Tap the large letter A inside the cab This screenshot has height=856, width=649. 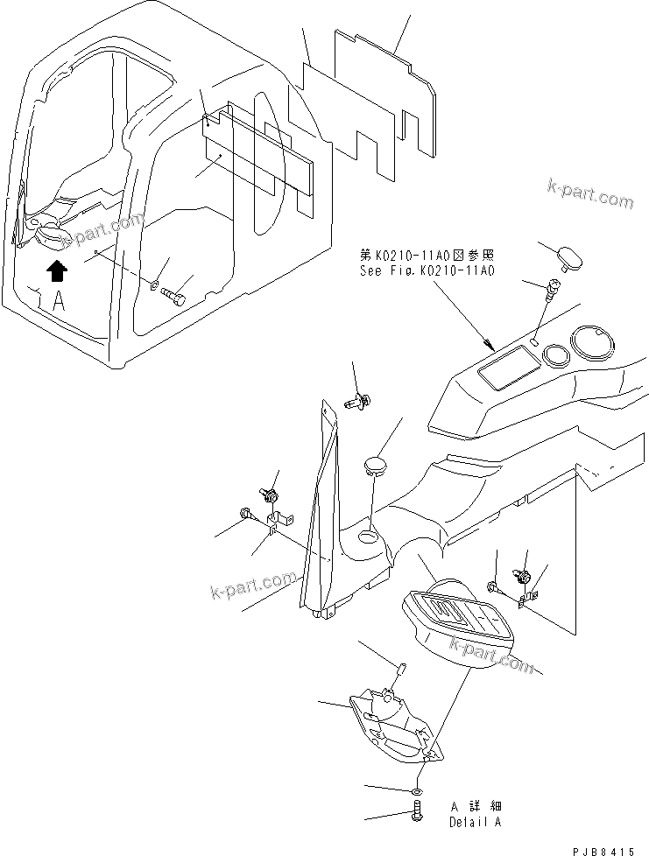click(x=58, y=303)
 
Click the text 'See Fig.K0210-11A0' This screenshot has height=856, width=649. click(x=427, y=271)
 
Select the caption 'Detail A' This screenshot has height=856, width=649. click(x=476, y=823)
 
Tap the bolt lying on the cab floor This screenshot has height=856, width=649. click(x=176, y=296)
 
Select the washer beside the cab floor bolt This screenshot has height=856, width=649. click(x=154, y=283)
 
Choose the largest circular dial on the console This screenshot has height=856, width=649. click(x=594, y=340)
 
